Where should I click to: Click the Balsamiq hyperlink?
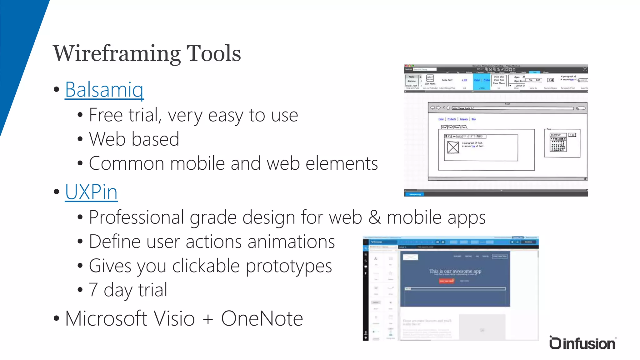tap(104, 90)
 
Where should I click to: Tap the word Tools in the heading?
tap(214, 53)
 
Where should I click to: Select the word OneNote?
tap(262, 319)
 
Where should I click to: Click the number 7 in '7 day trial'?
tap(93, 290)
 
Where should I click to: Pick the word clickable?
tap(206, 266)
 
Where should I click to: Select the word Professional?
tap(136, 217)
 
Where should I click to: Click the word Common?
tap(126, 163)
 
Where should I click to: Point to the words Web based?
tap(134, 139)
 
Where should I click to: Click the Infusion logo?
tap(582, 343)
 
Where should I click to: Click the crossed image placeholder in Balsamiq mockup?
tap(453, 147)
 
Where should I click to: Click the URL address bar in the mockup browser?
tap(512, 108)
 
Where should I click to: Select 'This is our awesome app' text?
tap(455, 271)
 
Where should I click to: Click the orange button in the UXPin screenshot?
tap(446, 281)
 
